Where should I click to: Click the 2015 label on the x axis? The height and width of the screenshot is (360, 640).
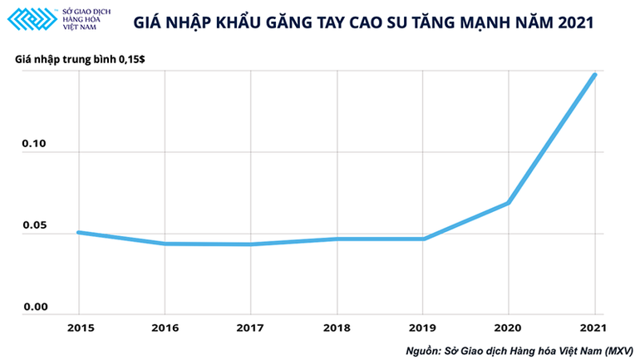click(x=79, y=328)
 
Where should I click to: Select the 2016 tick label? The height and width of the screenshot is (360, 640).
click(x=165, y=328)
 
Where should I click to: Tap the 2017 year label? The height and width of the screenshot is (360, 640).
click(x=250, y=328)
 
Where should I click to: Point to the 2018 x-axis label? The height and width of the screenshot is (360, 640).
click(x=337, y=328)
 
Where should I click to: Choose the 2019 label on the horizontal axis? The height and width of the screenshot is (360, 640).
click(x=423, y=328)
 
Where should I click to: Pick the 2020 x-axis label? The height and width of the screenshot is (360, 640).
click(x=509, y=328)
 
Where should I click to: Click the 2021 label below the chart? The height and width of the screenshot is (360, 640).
click(x=594, y=328)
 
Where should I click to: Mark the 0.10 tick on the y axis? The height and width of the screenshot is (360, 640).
click(x=34, y=145)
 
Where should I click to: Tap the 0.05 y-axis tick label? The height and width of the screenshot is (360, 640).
click(x=34, y=226)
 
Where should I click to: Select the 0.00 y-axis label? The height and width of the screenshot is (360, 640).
click(x=34, y=307)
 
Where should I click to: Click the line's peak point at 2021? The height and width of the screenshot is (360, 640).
click(x=594, y=75)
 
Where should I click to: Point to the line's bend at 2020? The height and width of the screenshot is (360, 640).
click(x=508, y=203)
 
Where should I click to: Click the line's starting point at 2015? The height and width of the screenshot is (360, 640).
click(x=79, y=232)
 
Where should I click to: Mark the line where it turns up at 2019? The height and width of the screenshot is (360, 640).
click(x=423, y=239)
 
